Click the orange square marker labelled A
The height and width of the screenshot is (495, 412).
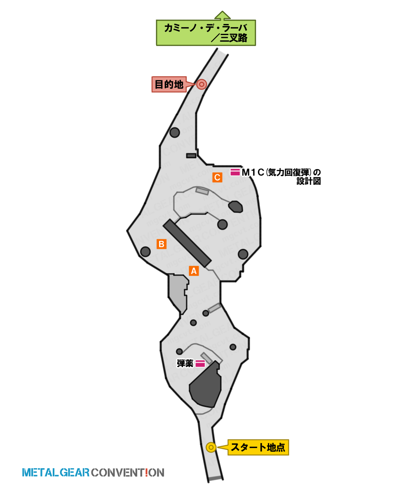pos(194,271)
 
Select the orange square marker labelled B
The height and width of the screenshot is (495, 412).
pos(162,244)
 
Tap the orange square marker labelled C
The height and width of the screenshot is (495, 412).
pos(217,177)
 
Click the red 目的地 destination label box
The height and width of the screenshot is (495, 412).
pos(169,85)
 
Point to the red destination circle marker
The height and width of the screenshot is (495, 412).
pos(201,84)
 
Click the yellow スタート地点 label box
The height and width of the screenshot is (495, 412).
pos(258,447)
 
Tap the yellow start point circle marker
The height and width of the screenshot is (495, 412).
pos(211,448)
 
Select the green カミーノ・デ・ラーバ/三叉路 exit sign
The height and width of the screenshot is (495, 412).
pos(206,33)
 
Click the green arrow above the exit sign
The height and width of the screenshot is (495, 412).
pos(222,15)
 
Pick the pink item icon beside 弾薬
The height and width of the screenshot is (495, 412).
pos(200,363)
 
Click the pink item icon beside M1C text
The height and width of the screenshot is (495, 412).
pos(235,172)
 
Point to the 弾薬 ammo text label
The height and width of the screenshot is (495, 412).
pos(185,363)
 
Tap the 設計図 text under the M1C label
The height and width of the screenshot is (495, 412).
pos(309,181)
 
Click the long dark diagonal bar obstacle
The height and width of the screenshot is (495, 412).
pos(187,243)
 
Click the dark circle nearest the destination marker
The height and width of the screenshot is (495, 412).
pos(175,132)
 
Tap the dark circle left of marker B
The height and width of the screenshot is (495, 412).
pos(145,252)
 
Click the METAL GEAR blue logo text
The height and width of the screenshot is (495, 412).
pos(56,472)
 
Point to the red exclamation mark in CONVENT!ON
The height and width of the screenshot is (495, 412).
pos(147,472)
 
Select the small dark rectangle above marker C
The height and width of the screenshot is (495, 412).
pos(191,156)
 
